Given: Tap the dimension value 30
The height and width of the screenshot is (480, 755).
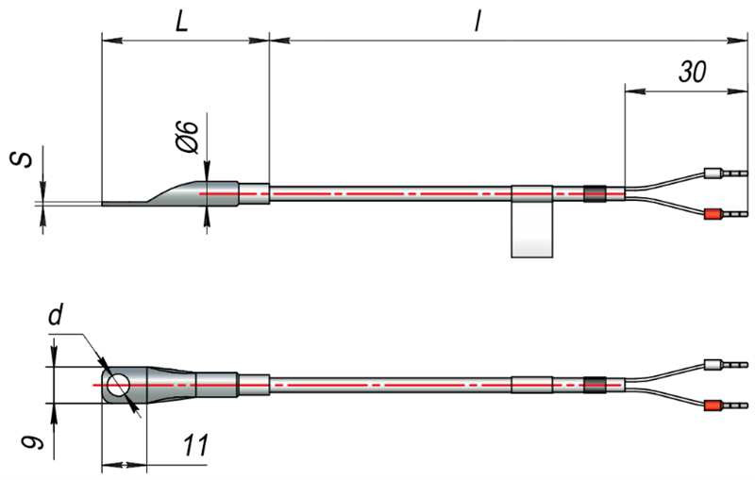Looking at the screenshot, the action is pos(693,72).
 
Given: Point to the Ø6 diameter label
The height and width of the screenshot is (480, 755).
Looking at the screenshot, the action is pos(188,137).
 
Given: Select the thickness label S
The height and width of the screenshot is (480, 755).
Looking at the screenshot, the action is pos(22,160).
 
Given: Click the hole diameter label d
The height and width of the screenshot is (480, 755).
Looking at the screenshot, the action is pos(56,316).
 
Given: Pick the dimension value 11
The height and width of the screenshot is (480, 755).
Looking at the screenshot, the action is pos(195,445).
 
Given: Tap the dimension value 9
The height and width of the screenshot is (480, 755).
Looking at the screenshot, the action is pos(33,440).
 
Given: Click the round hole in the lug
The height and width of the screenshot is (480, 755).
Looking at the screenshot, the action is pos(119,386).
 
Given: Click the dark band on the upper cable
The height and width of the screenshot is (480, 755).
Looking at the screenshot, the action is pos(595,193).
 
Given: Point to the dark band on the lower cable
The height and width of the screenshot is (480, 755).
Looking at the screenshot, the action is pos(595,385).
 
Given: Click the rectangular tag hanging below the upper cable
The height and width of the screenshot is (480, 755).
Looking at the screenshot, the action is pos(531,229).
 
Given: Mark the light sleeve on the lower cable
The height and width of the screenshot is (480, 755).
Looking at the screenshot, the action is pos(531,385).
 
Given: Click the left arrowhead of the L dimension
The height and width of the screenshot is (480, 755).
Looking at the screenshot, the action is pos(112,41).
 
